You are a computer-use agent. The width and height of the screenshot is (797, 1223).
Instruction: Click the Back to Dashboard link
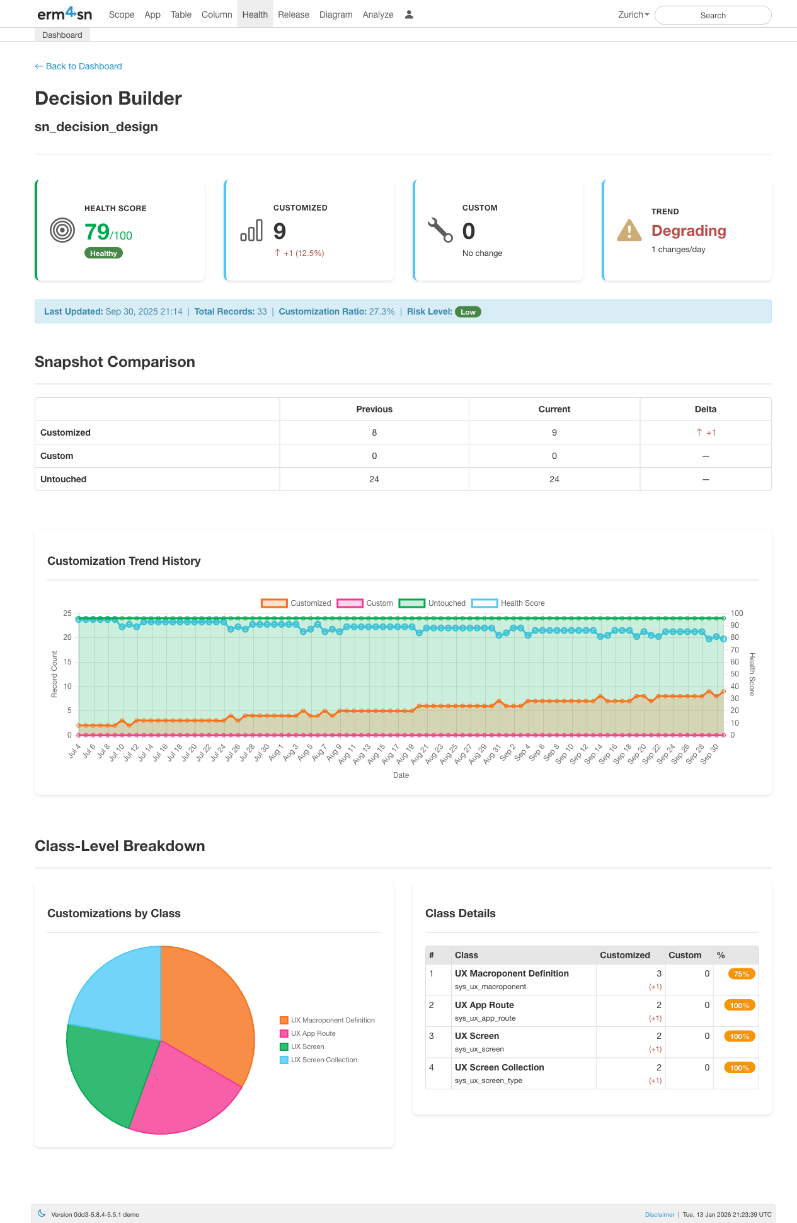78,66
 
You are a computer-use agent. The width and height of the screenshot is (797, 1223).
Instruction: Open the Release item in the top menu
293,14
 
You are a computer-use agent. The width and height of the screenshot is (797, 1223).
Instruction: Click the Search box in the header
713,15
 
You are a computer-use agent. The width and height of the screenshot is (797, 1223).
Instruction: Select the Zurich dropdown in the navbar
633,14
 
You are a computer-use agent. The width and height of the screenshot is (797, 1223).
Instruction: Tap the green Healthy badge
103,253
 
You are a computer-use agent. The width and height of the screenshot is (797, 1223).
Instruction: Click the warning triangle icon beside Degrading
629,231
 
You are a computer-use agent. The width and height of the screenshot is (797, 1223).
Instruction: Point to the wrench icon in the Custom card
440,230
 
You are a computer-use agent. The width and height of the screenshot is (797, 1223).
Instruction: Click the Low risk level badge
467,312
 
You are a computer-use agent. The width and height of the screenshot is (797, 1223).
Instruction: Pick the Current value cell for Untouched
554,479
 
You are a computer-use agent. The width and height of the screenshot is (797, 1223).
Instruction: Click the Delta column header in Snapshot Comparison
705,409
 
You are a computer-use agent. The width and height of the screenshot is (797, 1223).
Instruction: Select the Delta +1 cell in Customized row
705,432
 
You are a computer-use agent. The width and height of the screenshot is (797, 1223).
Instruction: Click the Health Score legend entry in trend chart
508,603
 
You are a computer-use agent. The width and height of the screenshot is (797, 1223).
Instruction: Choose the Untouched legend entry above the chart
432,603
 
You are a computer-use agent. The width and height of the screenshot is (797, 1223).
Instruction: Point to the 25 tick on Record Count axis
67,613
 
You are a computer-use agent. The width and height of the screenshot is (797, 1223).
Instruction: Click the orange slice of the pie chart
208,1009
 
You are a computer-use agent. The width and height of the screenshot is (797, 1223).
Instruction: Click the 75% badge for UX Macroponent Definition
741,974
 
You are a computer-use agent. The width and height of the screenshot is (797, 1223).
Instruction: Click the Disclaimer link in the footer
659,1214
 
